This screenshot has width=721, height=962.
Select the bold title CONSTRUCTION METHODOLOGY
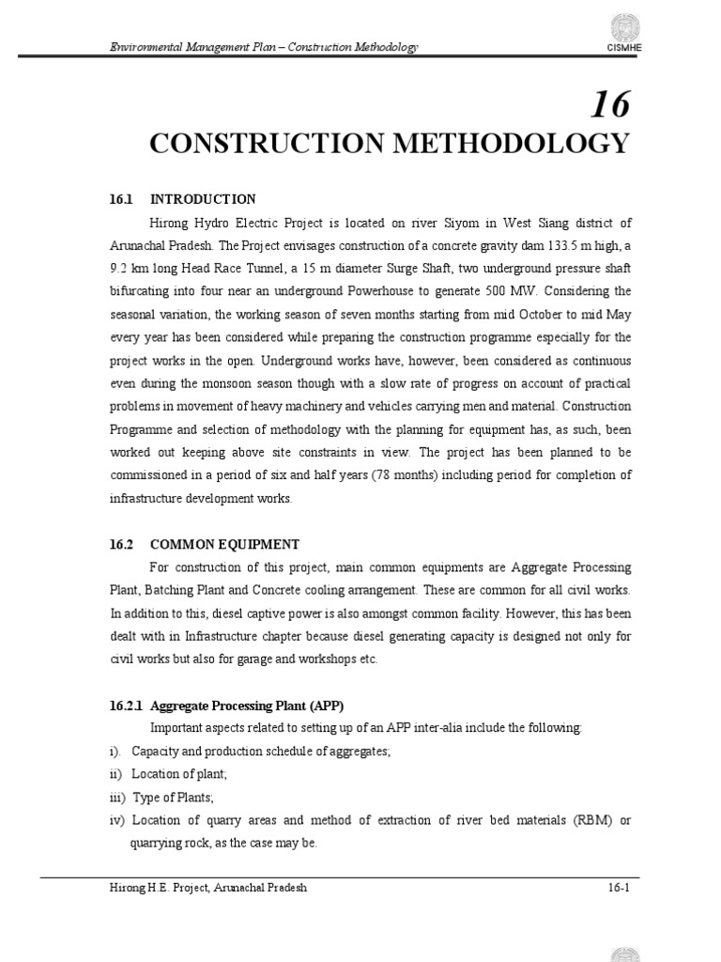389,144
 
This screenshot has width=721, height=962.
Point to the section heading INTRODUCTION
203,199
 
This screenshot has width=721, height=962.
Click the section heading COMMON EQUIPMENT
224,544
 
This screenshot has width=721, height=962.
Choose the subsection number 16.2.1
127,706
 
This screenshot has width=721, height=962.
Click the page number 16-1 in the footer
617,888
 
